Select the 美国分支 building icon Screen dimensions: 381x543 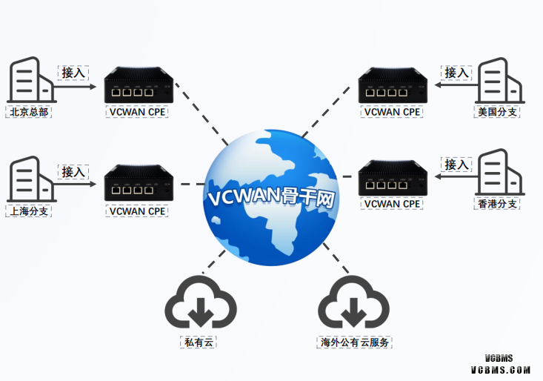[x=500, y=81]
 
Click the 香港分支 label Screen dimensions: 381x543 [x=497, y=204]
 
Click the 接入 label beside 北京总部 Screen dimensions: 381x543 [x=74, y=73]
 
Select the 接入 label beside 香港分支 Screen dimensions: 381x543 [x=456, y=164]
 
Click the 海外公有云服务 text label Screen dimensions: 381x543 [x=353, y=343]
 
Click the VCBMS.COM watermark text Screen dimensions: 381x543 [x=501, y=368]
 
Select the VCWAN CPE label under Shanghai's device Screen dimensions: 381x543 [x=137, y=211]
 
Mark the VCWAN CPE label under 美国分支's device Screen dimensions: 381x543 [x=392, y=112]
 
